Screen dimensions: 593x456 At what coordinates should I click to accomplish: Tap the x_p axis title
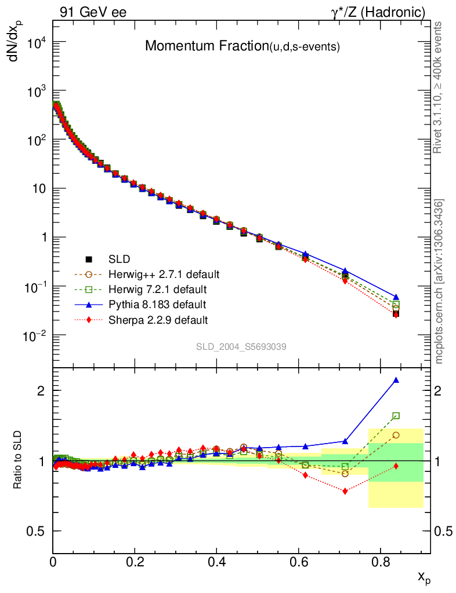click(424, 576)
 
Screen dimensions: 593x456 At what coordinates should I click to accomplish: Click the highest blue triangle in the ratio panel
click(396, 380)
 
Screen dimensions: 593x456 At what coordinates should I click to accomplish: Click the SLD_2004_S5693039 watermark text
click(241, 346)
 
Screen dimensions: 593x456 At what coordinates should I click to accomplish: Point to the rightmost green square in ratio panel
click(396, 416)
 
